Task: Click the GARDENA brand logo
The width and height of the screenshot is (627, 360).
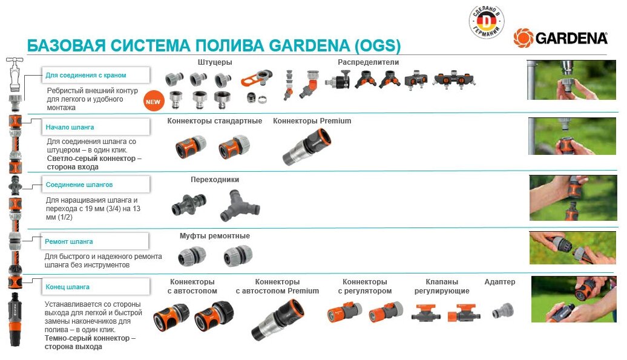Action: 560,38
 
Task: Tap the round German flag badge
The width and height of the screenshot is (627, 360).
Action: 487,22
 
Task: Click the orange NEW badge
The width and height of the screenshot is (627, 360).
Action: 153,102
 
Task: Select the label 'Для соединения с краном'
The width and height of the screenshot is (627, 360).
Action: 86,76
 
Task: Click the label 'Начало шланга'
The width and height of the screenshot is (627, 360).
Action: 70,128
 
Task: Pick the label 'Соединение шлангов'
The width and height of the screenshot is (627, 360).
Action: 79,185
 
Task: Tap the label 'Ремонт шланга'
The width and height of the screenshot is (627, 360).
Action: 70,241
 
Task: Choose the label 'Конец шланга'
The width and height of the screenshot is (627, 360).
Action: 68,287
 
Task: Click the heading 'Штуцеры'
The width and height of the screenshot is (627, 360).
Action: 215,62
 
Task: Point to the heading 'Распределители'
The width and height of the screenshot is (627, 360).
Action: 368,62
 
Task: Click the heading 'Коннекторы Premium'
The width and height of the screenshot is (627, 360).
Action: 312,121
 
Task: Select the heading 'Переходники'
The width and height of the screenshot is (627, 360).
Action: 215,180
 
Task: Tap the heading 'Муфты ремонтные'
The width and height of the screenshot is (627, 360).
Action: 215,236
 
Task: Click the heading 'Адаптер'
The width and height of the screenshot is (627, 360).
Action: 500,282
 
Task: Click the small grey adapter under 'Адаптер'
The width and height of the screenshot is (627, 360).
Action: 501,312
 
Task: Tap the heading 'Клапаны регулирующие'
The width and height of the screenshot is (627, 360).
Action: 441,286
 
